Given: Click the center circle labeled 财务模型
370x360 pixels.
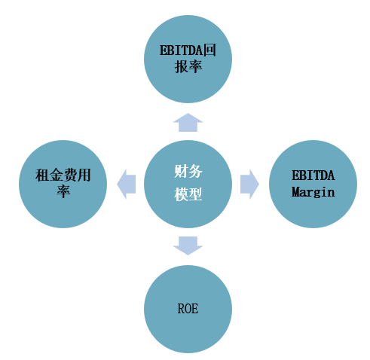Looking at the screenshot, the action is [x=188, y=184].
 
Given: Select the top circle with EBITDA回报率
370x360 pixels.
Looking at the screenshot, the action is [x=188, y=59].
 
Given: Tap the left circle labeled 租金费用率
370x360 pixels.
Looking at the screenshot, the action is [x=63, y=184].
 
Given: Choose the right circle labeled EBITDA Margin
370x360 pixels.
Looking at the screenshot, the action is [x=313, y=184].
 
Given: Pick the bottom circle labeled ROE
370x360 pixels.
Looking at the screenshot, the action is [x=188, y=309].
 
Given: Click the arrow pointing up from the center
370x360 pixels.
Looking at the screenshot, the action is [x=188, y=123].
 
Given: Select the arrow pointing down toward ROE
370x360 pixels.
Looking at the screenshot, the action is [x=188, y=246].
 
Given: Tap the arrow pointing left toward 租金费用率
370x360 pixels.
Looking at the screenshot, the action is [x=127, y=184].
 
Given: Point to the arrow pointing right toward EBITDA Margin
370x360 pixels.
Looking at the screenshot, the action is [x=249, y=184].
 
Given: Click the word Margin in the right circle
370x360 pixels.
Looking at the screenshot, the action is [x=313, y=192].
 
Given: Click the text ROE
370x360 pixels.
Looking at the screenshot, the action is [x=188, y=309].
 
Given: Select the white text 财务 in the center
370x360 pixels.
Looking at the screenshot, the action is [x=188, y=172].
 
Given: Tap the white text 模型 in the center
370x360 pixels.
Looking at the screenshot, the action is [x=188, y=194].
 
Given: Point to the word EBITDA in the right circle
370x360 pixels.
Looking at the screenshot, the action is [x=313, y=175].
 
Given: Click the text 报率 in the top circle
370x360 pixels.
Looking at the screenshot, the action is [x=188, y=67].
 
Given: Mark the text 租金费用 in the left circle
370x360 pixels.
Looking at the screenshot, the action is [x=63, y=175].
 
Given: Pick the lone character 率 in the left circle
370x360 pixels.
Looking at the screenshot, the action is [x=63, y=191].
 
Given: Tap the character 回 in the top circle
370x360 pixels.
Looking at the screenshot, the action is [x=209, y=50].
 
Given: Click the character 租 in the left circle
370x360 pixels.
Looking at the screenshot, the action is [x=42, y=175].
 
